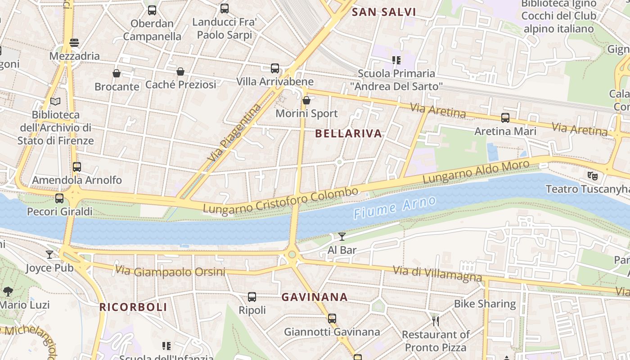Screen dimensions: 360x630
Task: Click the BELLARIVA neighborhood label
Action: click(348, 134)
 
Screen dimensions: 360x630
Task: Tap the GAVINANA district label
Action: click(315, 297)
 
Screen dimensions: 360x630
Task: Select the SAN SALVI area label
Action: click(384, 12)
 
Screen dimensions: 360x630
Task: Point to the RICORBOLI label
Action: click(133, 307)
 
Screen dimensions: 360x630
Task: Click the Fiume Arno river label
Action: click(395, 207)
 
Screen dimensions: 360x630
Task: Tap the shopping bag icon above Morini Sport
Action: click(306, 100)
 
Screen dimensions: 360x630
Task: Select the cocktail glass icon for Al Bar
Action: click(342, 237)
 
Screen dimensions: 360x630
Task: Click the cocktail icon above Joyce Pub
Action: click(49, 255)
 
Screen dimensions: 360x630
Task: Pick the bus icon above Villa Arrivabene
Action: click(275, 68)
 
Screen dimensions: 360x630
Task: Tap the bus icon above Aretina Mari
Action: click(505, 118)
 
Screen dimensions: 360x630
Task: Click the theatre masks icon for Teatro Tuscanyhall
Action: click(592, 175)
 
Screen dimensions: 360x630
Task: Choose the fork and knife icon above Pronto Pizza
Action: click(436, 321)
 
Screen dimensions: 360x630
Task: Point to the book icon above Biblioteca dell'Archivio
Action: click(55, 102)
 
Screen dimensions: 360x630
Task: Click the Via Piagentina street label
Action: click(234, 133)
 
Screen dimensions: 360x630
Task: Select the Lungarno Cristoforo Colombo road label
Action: click(280, 201)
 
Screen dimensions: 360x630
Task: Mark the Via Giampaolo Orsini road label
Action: click(170, 271)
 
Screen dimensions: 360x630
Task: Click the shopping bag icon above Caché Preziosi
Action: click(180, 72)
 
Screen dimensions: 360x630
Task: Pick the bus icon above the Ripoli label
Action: click(252, 297)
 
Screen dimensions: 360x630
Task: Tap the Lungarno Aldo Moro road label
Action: click(476, 171)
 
